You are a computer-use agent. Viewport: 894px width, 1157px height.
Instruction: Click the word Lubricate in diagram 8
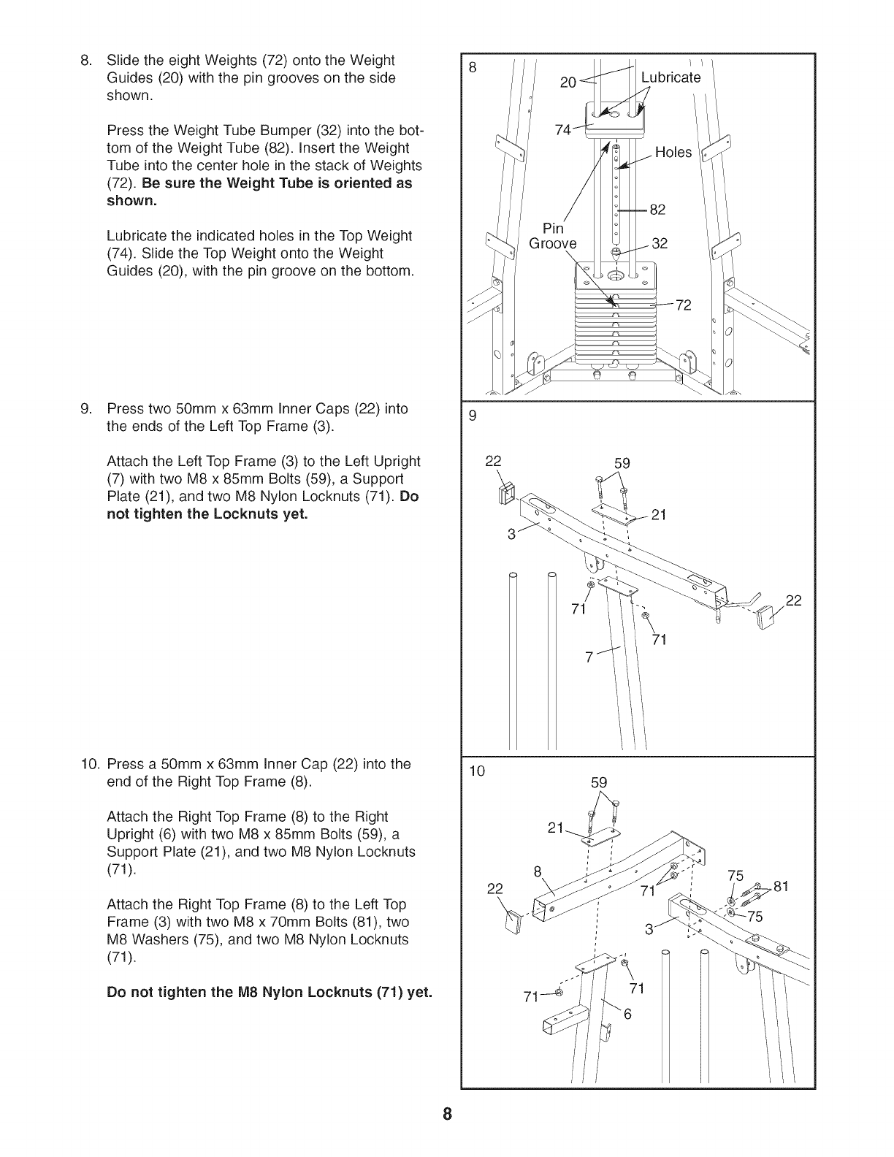click(670, 77)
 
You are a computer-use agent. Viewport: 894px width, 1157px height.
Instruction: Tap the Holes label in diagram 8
click(673, 152)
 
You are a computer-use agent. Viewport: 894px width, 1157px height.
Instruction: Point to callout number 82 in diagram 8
click(657, 210)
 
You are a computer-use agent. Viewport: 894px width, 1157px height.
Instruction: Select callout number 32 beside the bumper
click(660, 243)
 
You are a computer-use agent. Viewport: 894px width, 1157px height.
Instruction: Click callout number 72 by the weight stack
click(682, 305)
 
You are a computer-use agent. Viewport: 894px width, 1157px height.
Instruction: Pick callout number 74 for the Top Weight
click(563, 130)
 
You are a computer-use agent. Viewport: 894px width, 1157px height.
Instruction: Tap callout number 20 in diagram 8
click(568, 83)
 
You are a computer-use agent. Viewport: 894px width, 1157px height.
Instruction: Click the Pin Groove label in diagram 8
click(552, 236)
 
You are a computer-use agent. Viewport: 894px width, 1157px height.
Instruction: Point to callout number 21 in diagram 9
click(659, 515)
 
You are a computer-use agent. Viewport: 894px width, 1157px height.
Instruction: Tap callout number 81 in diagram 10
click(782, 887)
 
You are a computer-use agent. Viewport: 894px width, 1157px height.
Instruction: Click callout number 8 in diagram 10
click(538, 871)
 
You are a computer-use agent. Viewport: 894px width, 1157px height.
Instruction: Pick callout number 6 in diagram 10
click(627, 1015)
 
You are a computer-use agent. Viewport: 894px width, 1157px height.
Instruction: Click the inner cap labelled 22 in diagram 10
click(514, 923)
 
